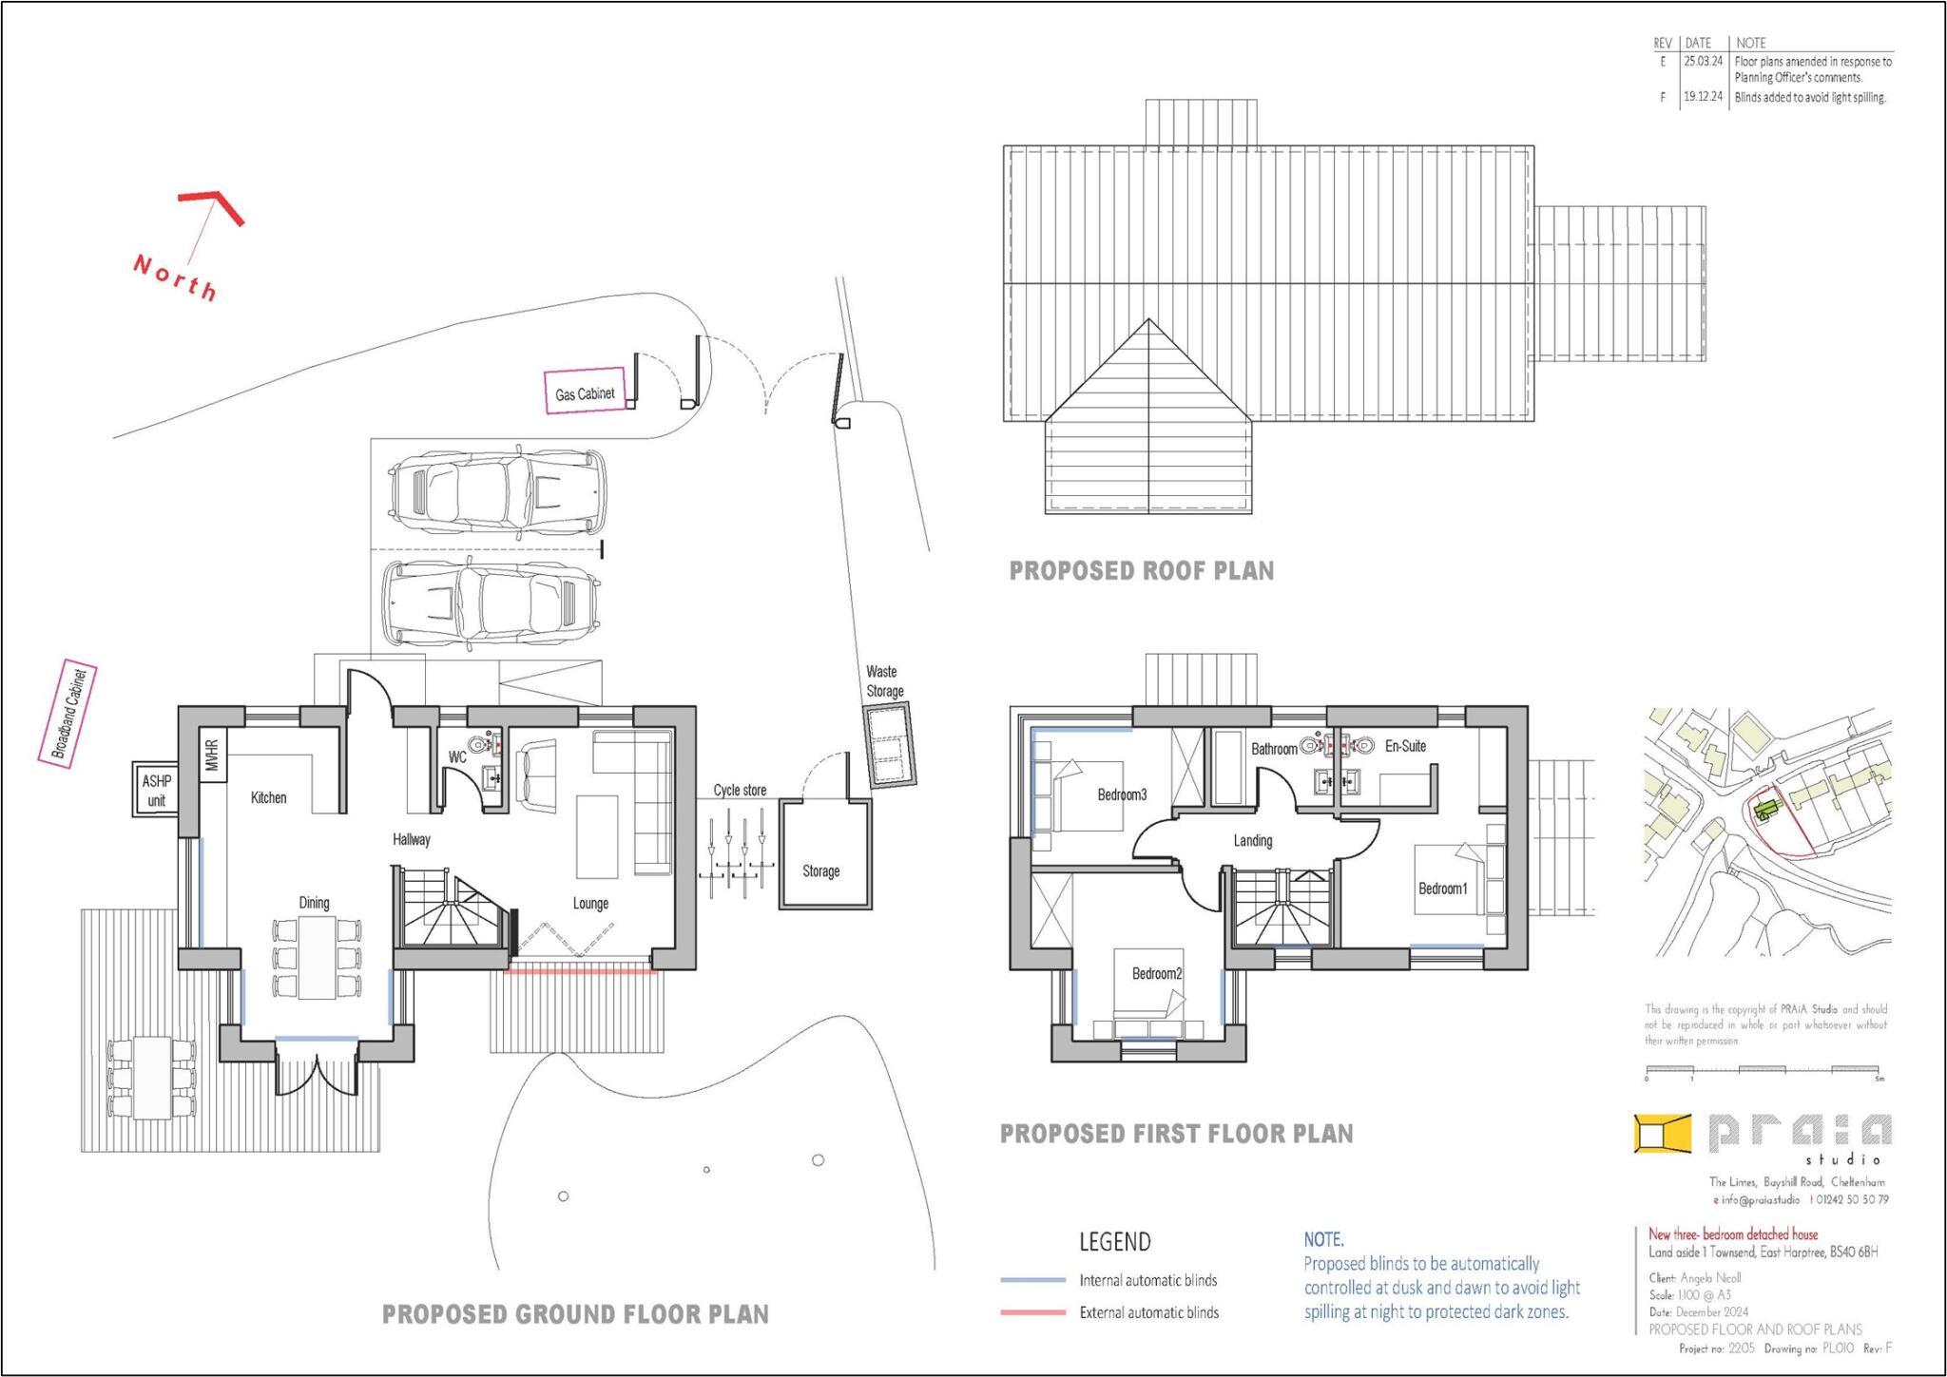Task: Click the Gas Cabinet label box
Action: pyautogui.click(x=585, y=392)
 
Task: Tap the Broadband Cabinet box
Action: pyautogui.click(x=67, y=713)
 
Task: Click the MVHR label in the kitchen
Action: pyautogui.click(x=212, y=755)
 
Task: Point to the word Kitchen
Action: pyautogui.click(x=268, y=797)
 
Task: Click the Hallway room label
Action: pyautogui.click(x=412, y=839)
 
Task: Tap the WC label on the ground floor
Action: pyautogui.click(x=457, y=757)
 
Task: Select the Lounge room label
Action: pyautogui.click(x=590, y=904)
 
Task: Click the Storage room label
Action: pyautogui.click(x=820, y=871)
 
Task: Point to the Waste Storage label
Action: pyautogui.click(x=884, y=681)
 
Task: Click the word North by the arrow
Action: pyautogui.click(x=176, y=277)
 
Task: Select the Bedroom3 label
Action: pyautogui.click(x=1122, y=794)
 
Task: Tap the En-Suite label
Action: pyautogui.click(x=1405, y=746)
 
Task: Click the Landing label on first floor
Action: pyautogui.click(x=1252, y=841)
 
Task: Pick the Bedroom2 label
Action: pyautogui.click(x=1156, y=973)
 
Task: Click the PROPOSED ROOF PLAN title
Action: pyautogui.click(x=1141, y=571)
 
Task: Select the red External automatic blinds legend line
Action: pyautogui.click(x=1032, y=1312)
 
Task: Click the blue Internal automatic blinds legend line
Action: pyautogui.click(x=1032, y=1280)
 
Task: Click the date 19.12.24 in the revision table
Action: pyautogui.click(x=1703, y=97)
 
